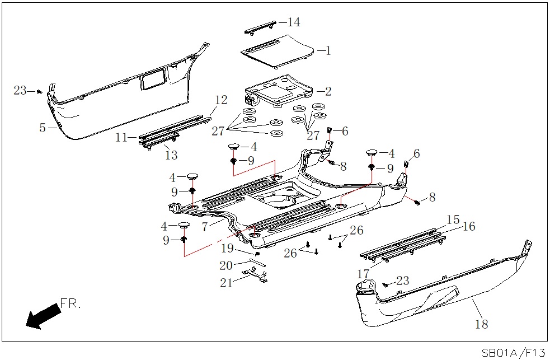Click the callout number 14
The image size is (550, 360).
point(293,22)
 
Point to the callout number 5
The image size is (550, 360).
point(43,128)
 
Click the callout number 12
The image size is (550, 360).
point(221,100)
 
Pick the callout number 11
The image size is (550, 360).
point(122,137)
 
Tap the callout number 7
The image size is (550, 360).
point(205,227)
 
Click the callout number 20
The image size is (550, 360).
point(227,265)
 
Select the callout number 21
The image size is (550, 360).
point(227,283)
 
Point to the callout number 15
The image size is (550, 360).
point(453,219)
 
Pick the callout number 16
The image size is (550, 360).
point(468,226)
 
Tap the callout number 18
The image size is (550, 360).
point(481,324)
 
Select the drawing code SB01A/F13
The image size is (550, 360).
point(513,352)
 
